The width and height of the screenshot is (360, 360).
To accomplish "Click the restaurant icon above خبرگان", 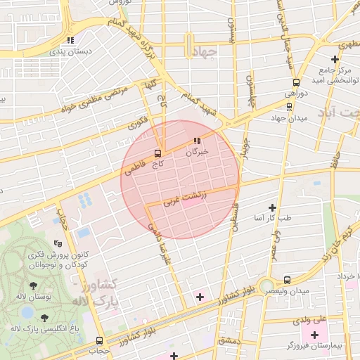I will (x=198, y=140).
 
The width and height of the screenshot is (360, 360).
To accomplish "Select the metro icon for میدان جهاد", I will (x=289, y=107).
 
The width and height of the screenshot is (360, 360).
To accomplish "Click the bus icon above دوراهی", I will (x=296, y=82).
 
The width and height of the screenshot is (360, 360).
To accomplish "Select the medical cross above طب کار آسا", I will (x=272, y=207).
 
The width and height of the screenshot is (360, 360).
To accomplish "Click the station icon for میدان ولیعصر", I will (x=286, y=280).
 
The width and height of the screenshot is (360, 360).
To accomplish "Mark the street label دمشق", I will (x=229, y=340).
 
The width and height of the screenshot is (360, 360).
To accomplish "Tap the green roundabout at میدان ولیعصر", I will (x=266, y=287).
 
